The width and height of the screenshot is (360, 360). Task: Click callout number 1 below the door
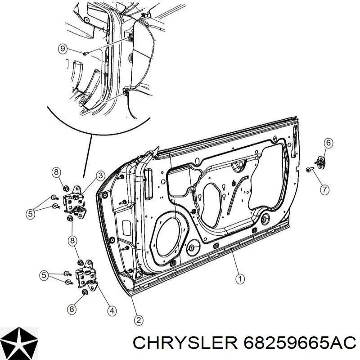[x=240, y=279]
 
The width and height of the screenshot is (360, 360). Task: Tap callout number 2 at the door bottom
[x=139, y=320]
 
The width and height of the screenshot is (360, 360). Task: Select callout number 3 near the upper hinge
[x=100, y=176]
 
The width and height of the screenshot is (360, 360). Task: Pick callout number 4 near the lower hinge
[x=111, y=311]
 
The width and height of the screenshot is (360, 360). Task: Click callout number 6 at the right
[x=328, y=143]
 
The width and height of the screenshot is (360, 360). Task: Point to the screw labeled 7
[x=310, y=170]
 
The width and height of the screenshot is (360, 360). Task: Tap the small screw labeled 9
[x=85, y=54]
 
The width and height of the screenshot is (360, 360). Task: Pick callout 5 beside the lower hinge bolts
[x=44, y=275]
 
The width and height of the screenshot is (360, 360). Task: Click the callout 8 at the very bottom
[x=72, y=309]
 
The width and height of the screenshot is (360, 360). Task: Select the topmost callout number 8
[x=57, y=172]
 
